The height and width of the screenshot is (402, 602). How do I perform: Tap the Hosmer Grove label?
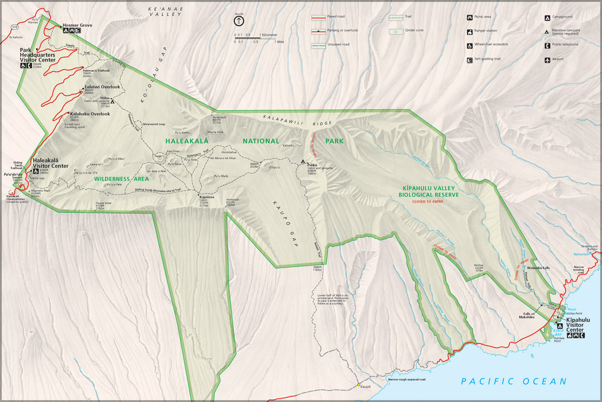[x=77, y=25]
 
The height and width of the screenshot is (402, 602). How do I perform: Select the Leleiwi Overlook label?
[x=103, y=87]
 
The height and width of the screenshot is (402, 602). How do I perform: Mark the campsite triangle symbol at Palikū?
[x=303, y=163]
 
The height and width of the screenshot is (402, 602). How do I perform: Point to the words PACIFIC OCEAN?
[x=514, y=381]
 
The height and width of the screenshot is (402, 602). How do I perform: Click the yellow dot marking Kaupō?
[x=359, y=384]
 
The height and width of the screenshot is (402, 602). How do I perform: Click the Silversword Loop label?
[x=154, y=124]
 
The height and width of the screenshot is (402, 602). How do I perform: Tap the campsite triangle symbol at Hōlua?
[x=113, y=102]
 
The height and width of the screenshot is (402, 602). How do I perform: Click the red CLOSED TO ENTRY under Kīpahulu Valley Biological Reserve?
[x=428, y=202]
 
